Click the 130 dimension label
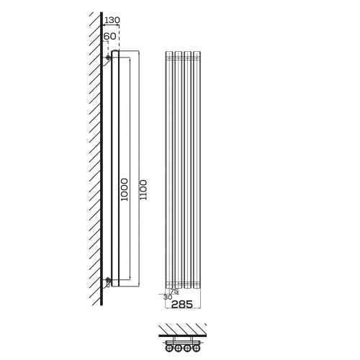pos(112,20)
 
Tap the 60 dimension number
pos(109,36)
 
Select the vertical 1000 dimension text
pos(124,189)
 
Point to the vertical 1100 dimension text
pos(143,190)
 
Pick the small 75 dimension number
pos(174,291)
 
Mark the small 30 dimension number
pos(168,297)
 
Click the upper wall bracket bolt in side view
pos(108,58)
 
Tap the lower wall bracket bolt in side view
pos(108,279)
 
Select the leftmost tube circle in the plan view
pos(169,348)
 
